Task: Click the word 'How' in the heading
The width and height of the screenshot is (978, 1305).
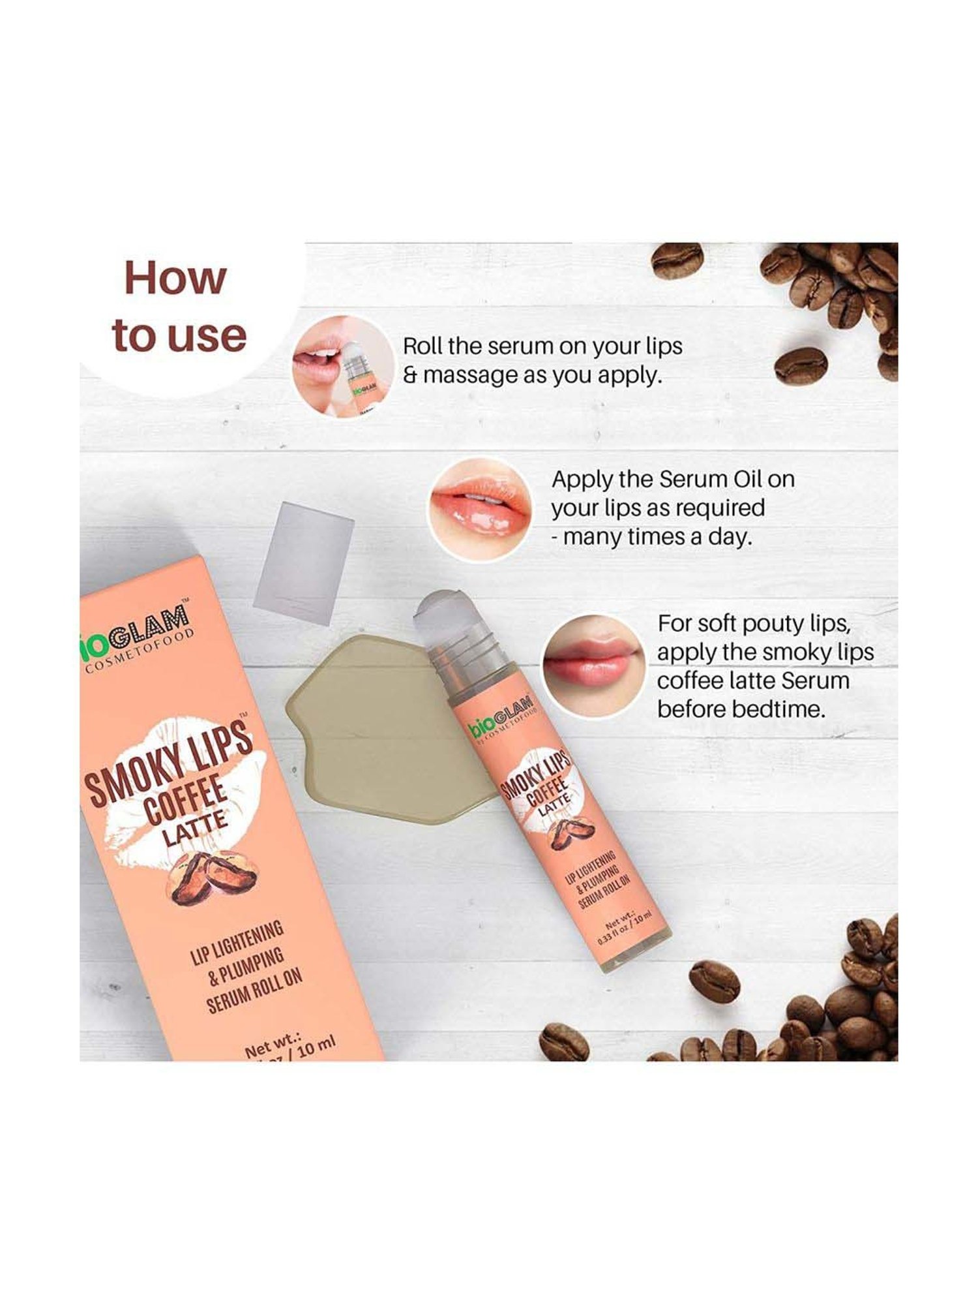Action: [x=175, y=278]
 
